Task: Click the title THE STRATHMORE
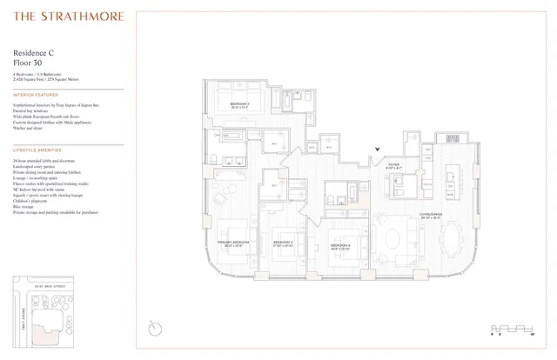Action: point(69,17)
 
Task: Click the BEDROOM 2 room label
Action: point(240,104)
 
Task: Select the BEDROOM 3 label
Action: point(285,243)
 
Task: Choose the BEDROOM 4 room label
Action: point(341,246)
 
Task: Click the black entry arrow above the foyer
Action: point(376,150)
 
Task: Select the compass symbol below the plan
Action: point(155,328)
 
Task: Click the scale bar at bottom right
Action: point(505,327)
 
